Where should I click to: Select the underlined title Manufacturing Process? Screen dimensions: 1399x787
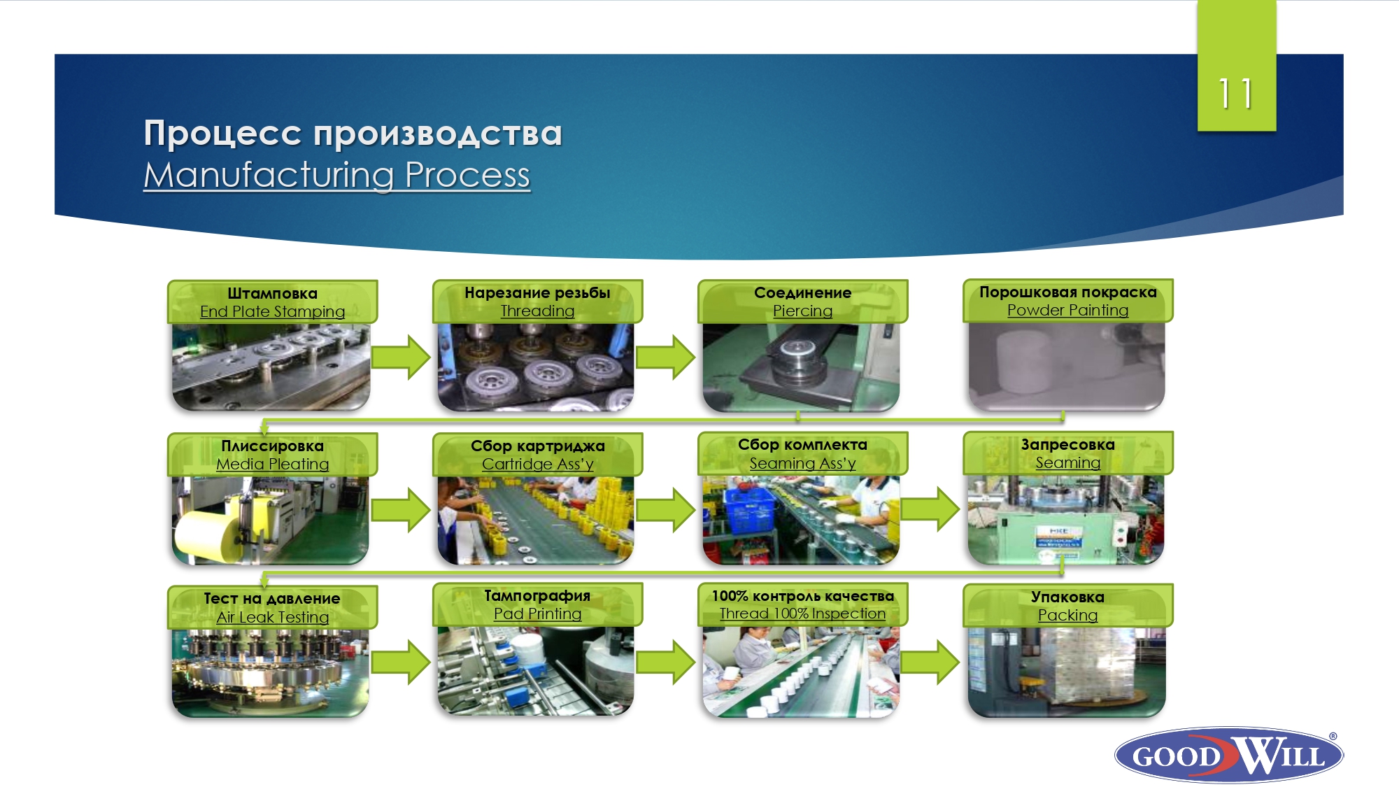pos(337,175)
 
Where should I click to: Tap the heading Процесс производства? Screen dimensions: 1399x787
pos(353,133)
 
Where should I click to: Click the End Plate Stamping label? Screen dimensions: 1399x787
pos(272,311)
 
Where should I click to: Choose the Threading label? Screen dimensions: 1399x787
pos(537,311)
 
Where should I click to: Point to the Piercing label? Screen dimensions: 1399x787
pos(802,311)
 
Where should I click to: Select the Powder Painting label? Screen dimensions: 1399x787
pos(1067,310)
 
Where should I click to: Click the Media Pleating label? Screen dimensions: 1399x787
pos(272,464)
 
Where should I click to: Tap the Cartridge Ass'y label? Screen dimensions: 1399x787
pos(537,464)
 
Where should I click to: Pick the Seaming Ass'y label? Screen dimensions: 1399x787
pos(802,463)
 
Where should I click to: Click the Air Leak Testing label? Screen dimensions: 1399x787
pos(272,617)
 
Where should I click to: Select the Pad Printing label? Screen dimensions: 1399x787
pos(537,614)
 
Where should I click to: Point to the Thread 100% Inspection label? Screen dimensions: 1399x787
pos(802,614)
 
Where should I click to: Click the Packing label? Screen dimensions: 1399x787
pos(1067,615)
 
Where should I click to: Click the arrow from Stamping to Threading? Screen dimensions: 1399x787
pos(401,357)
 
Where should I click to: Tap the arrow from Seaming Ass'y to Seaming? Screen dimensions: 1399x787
pos(930,509)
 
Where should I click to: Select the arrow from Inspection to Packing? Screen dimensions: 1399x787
pos(930,661)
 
